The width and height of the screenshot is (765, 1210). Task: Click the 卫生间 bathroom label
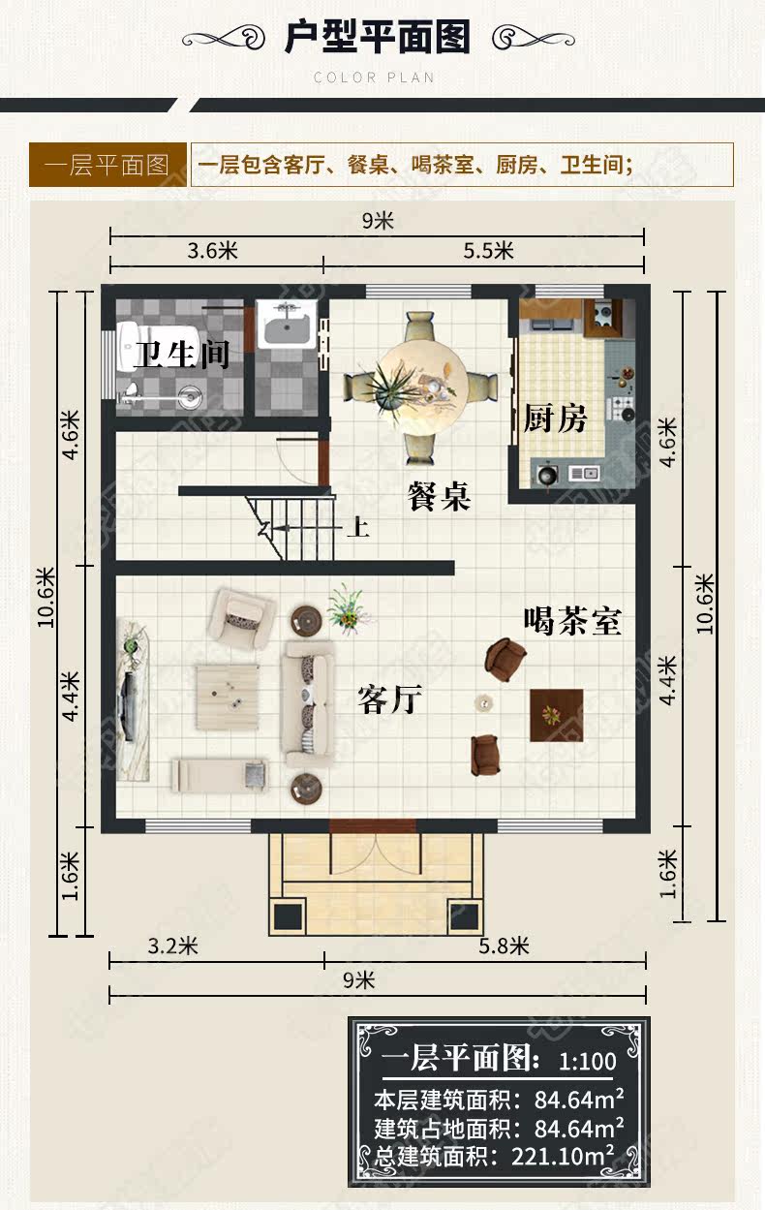182,355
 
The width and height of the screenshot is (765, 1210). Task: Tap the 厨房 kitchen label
555,419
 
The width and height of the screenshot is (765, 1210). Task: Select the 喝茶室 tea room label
573,621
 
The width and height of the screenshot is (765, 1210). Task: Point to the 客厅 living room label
390,699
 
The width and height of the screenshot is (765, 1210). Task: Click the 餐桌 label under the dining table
439,496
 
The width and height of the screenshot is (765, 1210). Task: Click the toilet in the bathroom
130,346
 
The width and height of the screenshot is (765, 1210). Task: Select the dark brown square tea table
557,715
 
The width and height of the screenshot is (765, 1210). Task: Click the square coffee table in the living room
228,697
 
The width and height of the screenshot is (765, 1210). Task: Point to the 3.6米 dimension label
213,251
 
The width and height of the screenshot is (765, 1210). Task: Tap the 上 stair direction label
358,527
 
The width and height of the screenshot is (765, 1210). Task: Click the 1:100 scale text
588,1062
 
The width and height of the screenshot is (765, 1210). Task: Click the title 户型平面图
378,37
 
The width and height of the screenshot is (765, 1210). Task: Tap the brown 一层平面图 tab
107,165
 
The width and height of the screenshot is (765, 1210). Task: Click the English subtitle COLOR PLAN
374,78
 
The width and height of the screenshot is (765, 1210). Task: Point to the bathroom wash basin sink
286,325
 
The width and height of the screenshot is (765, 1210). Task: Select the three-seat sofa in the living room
308,704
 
